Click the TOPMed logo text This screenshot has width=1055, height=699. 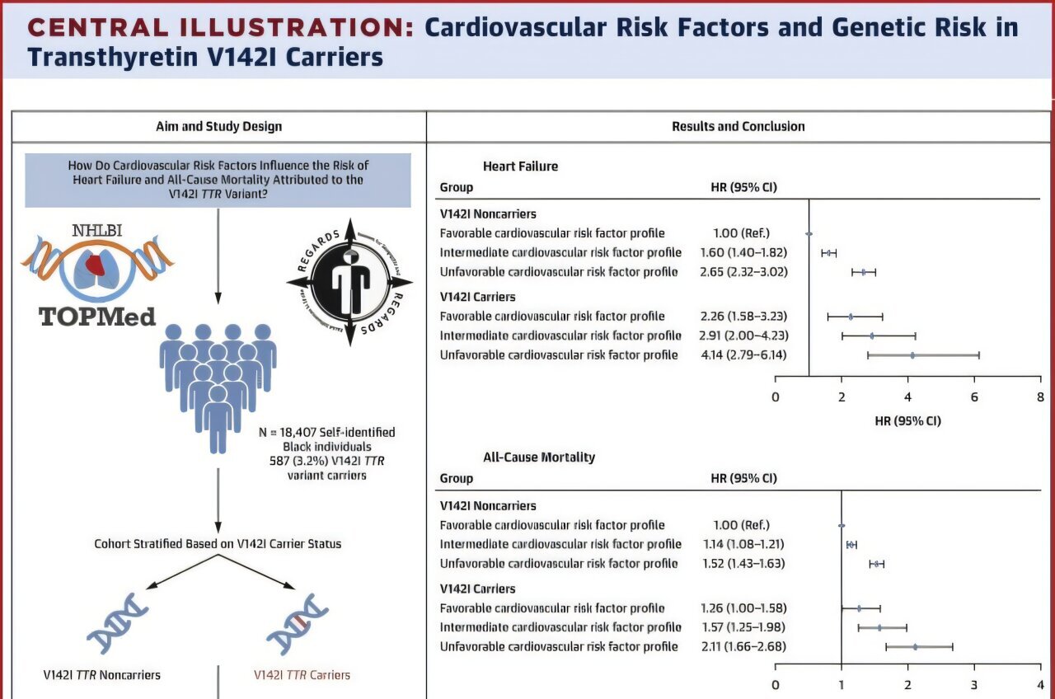[98, 316]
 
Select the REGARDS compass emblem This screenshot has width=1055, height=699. [349, 282]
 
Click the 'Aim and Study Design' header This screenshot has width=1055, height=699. [218, 126]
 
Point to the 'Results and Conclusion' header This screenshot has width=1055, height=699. [738, 126]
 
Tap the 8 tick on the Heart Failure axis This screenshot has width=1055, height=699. [1040, 397]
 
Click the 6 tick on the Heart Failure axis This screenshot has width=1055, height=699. [974, 397]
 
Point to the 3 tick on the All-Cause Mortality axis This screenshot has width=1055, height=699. [974, 684]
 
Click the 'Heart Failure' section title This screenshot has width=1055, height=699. [520, 167]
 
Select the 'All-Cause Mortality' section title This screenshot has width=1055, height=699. [539, 457]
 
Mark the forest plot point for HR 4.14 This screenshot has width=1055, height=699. [912, 354]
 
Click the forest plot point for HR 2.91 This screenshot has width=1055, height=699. [872, 335]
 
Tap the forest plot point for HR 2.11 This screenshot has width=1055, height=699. [915, 646]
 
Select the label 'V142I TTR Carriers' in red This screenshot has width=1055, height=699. [301, 675]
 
